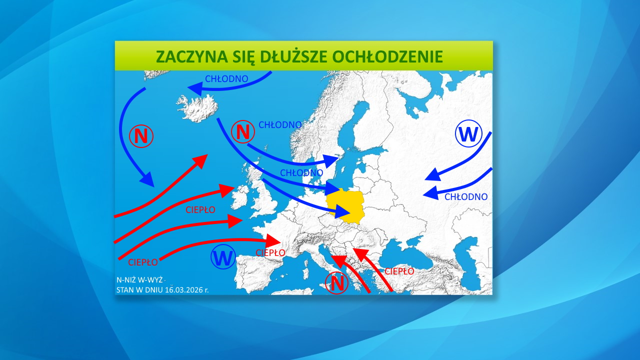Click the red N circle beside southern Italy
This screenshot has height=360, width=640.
point(337,283)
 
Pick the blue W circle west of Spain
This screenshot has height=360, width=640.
point(223,258)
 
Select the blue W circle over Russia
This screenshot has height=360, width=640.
point(468,134)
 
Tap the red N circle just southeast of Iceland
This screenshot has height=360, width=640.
point(243,132)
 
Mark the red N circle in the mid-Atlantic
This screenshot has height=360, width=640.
point(141,136)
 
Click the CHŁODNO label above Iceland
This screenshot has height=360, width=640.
point(227,78)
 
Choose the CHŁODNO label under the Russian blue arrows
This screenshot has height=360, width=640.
point(466,197)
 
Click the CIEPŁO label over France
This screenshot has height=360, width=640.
point(270,252)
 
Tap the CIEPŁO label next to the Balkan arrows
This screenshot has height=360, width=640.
point(399,271)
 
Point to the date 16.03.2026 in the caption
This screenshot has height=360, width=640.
point(184,289)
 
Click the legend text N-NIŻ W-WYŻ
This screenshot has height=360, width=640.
point(139,280)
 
